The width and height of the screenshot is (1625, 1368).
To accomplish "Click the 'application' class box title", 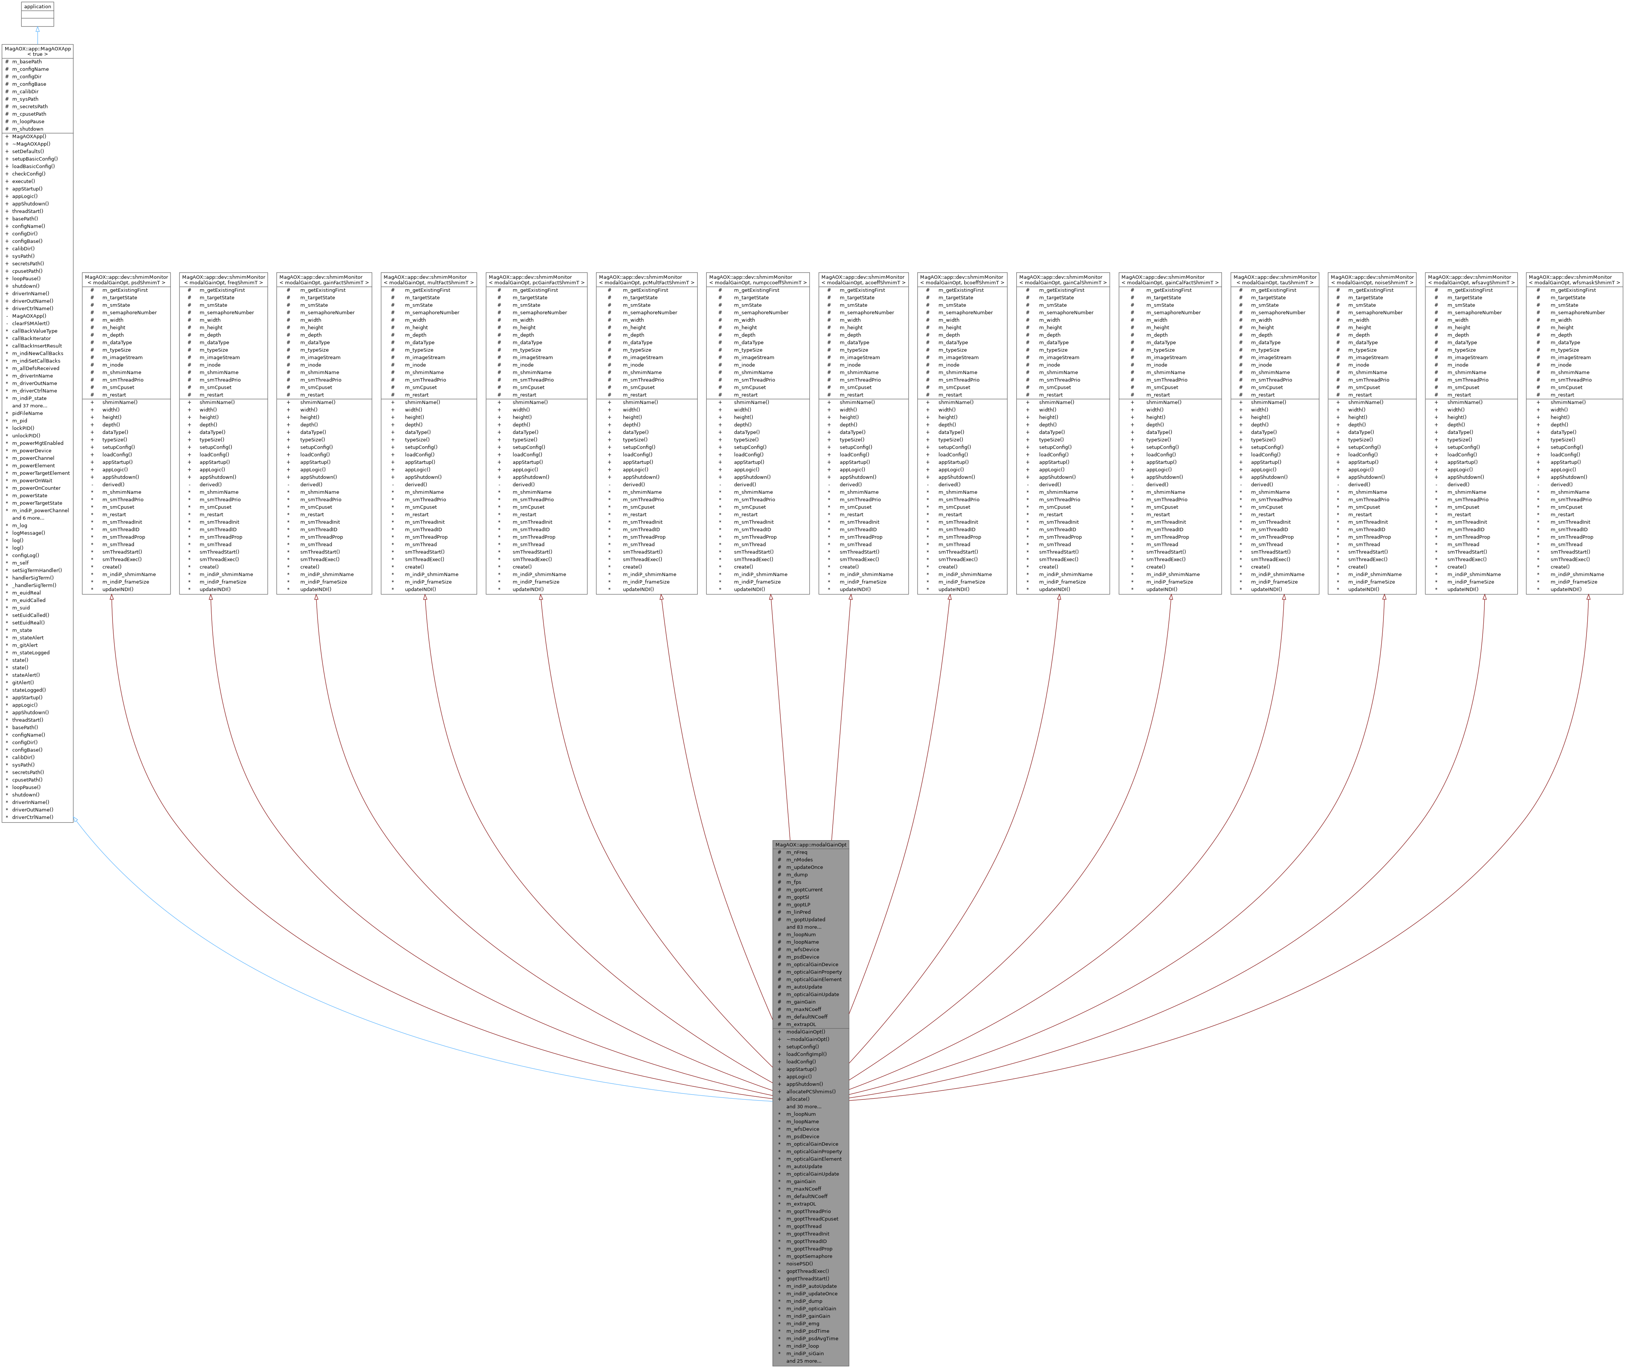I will [x=37, y=6].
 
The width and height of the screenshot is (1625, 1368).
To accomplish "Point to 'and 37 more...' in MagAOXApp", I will [x=30, y=405].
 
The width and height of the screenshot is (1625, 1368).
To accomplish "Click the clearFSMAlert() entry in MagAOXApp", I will [x=31, y=323].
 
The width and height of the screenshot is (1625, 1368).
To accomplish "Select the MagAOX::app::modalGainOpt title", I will [x=811, y=845].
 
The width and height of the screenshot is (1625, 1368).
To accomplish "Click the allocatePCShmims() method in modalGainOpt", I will [x=811, y=1091].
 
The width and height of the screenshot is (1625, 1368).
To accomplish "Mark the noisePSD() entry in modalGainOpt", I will [x=799, y=1263].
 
